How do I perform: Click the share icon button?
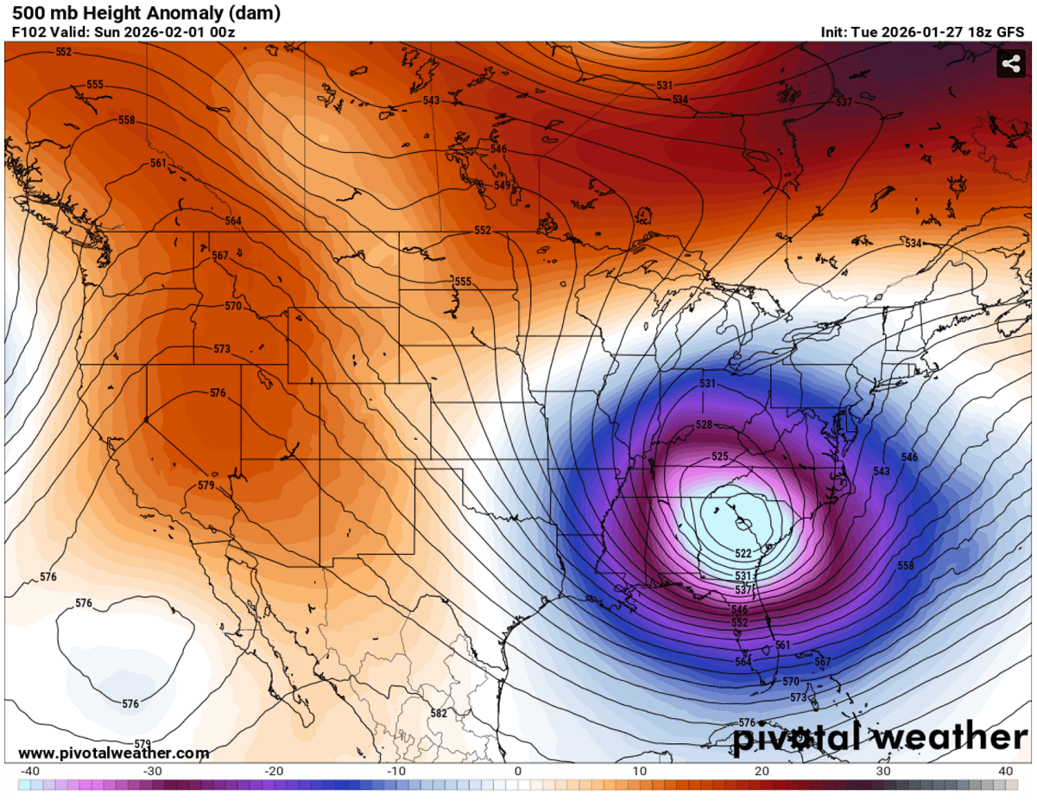coord(1010,63)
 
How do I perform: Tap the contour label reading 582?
coord(439,713)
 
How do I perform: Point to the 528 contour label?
coord(704,425)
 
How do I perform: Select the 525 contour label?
coord(720,456)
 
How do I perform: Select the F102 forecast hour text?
coord(28,33)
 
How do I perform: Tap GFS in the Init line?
coord(1011,33)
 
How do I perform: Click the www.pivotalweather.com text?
coord(114,753)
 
